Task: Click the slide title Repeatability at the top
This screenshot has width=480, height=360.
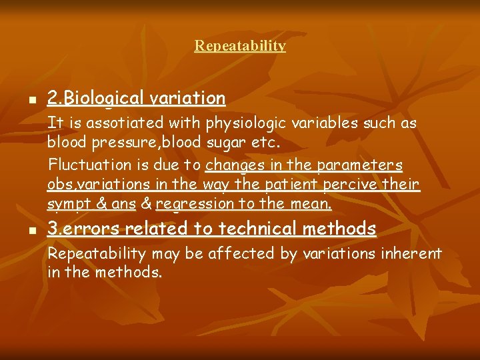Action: pyautogui.click(x=240, y=46)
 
